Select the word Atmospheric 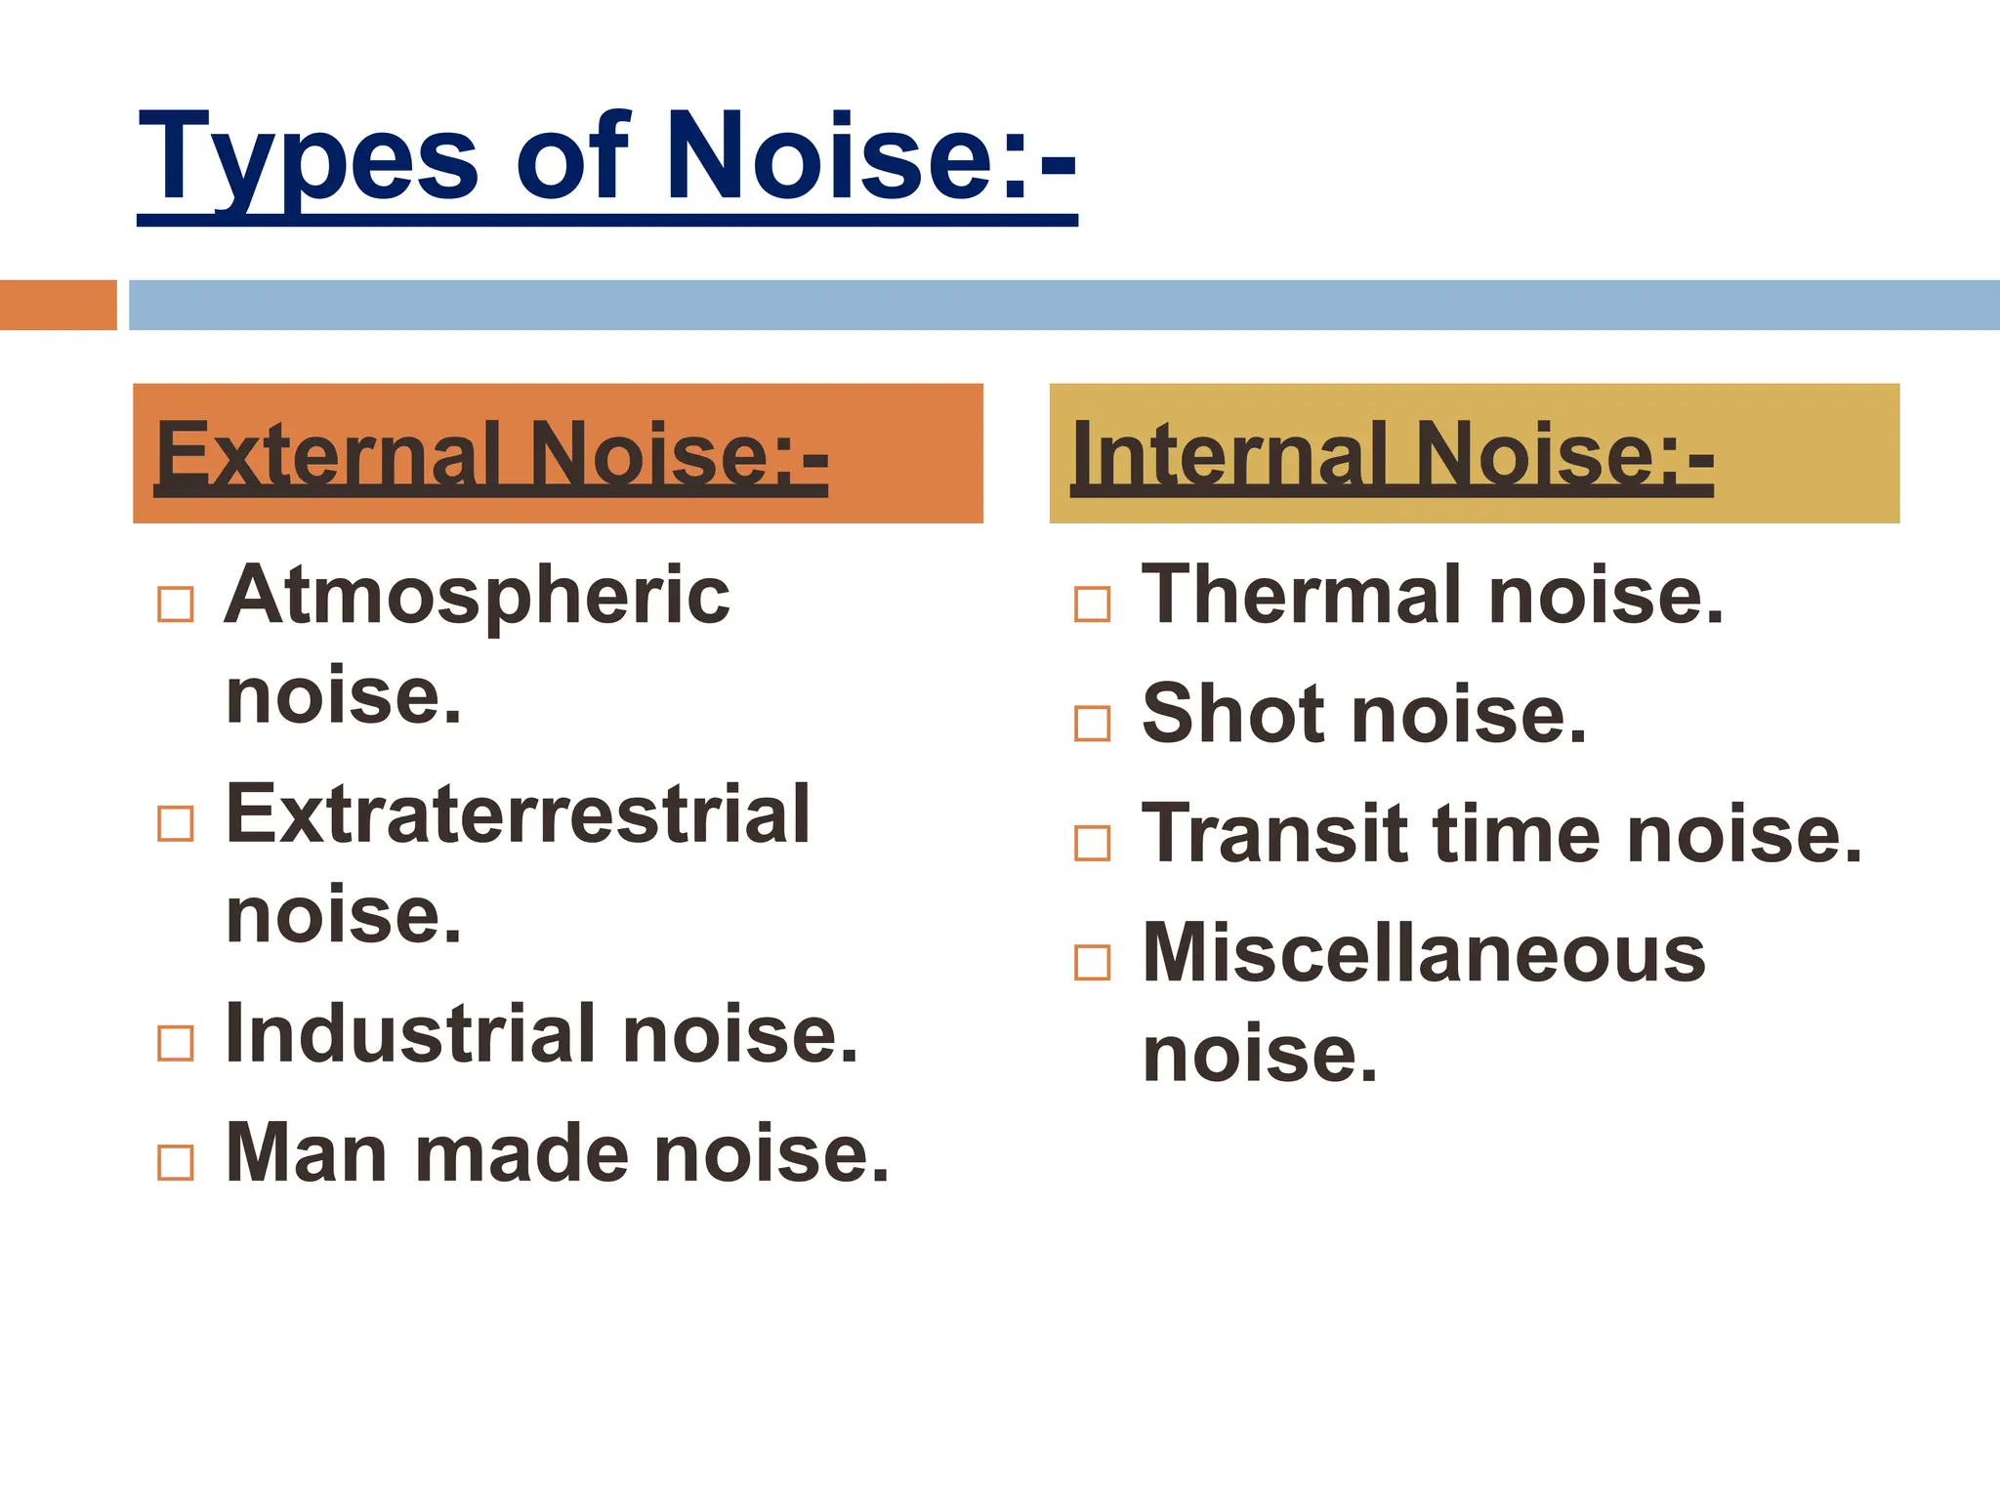coord(477,596)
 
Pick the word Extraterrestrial coord(518,814)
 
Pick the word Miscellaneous coord(1424,953)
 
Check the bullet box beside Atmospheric coord(176,604)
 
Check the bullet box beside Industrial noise coord(176,1043)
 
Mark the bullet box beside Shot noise coord(1092,724)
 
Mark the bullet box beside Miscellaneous coord(1092,963)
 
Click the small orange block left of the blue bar coord(58,305)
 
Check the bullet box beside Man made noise coord(176,1162)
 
